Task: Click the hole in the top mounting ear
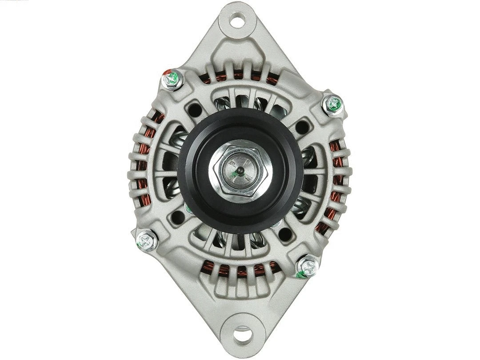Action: (x=237, y=20)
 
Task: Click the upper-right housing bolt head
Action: (x=333, y=105)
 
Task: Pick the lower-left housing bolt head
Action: (x=147, y=240)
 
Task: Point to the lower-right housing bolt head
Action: (x=308, y=267)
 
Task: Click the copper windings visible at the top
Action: (x=240, y=76)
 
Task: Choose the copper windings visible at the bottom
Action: (x=240, y=269)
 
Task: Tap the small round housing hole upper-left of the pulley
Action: (x=194, y=109)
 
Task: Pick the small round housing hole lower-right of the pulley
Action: (x=285, y=234)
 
